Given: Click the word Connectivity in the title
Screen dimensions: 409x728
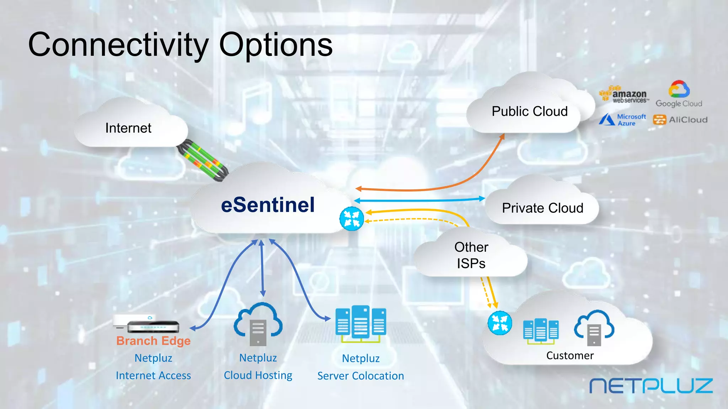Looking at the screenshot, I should [118, 45].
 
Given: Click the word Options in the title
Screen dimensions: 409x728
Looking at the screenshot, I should [276, 45].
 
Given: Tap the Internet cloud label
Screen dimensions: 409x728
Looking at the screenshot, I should [128, 128].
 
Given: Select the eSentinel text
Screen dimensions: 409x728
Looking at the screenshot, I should [268, 205].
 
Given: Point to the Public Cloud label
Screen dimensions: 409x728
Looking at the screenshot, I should [529, 111].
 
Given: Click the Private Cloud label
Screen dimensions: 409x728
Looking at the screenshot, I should [542, 208].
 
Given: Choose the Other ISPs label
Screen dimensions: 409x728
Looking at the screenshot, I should [471, 255].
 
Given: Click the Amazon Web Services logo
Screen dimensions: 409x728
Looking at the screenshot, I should [624, 95].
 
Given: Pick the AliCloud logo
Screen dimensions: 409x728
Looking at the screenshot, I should [680, 120].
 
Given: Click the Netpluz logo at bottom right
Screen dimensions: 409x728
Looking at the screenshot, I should [651, 386].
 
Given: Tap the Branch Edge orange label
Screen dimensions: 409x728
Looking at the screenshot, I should [153, 341].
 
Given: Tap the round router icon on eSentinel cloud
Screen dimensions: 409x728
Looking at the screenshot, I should [352, 219].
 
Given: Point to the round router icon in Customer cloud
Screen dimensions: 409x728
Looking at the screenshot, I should [500, 323].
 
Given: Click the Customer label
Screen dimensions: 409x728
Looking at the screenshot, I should [570, 355].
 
